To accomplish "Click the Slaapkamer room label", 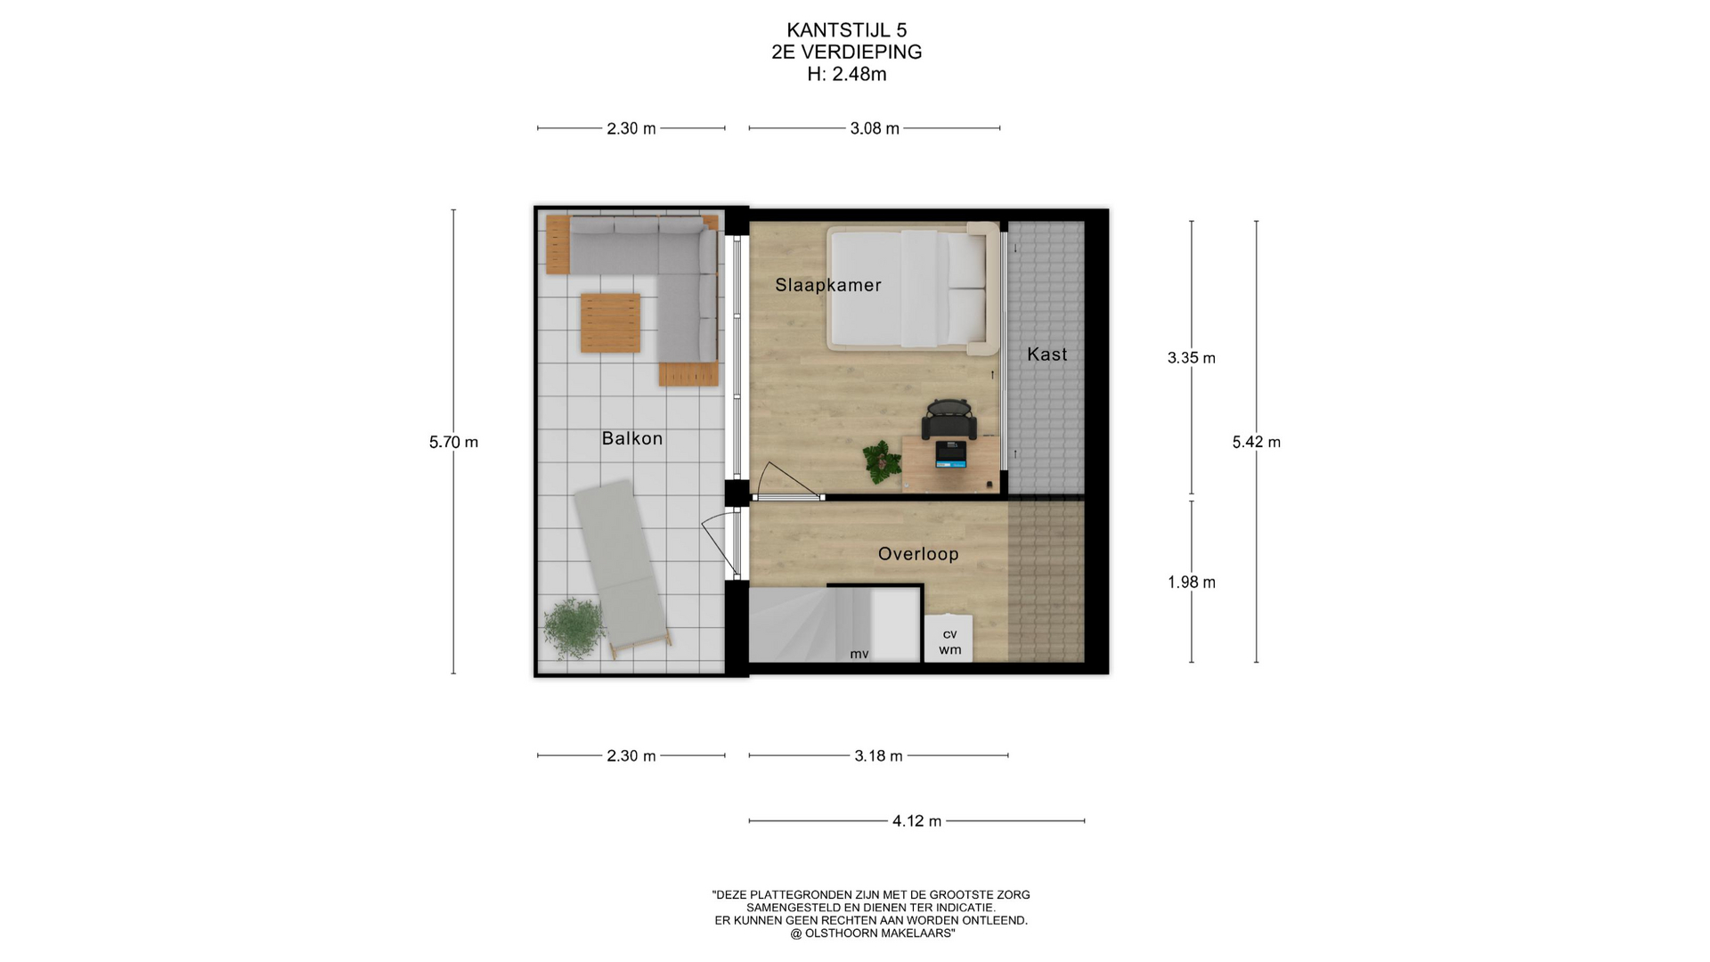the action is click(828, 285).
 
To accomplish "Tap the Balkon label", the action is click(632, 438).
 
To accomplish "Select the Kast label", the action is click(1047, 355).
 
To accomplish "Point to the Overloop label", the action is click(918, 554).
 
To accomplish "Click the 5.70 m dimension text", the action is click(453, 442).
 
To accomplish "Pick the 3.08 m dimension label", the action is click(875, 128).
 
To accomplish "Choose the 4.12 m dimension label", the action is click(917, 820).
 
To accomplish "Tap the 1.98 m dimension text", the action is click(1192, 583).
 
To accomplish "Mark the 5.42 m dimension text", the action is click(1257, 442).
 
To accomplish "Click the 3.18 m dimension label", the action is click(879, 755).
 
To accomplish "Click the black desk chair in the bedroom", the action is click(949, 419).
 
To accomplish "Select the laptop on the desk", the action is click(950, 454).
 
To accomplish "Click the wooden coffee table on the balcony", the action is click(611, 323).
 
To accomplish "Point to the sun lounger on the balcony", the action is click(621, 567).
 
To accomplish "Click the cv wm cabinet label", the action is click(950, 641).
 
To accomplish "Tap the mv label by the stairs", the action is click(859, 654).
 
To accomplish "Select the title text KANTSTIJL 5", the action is click(847, 31).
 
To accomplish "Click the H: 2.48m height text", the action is click(847, 74).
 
